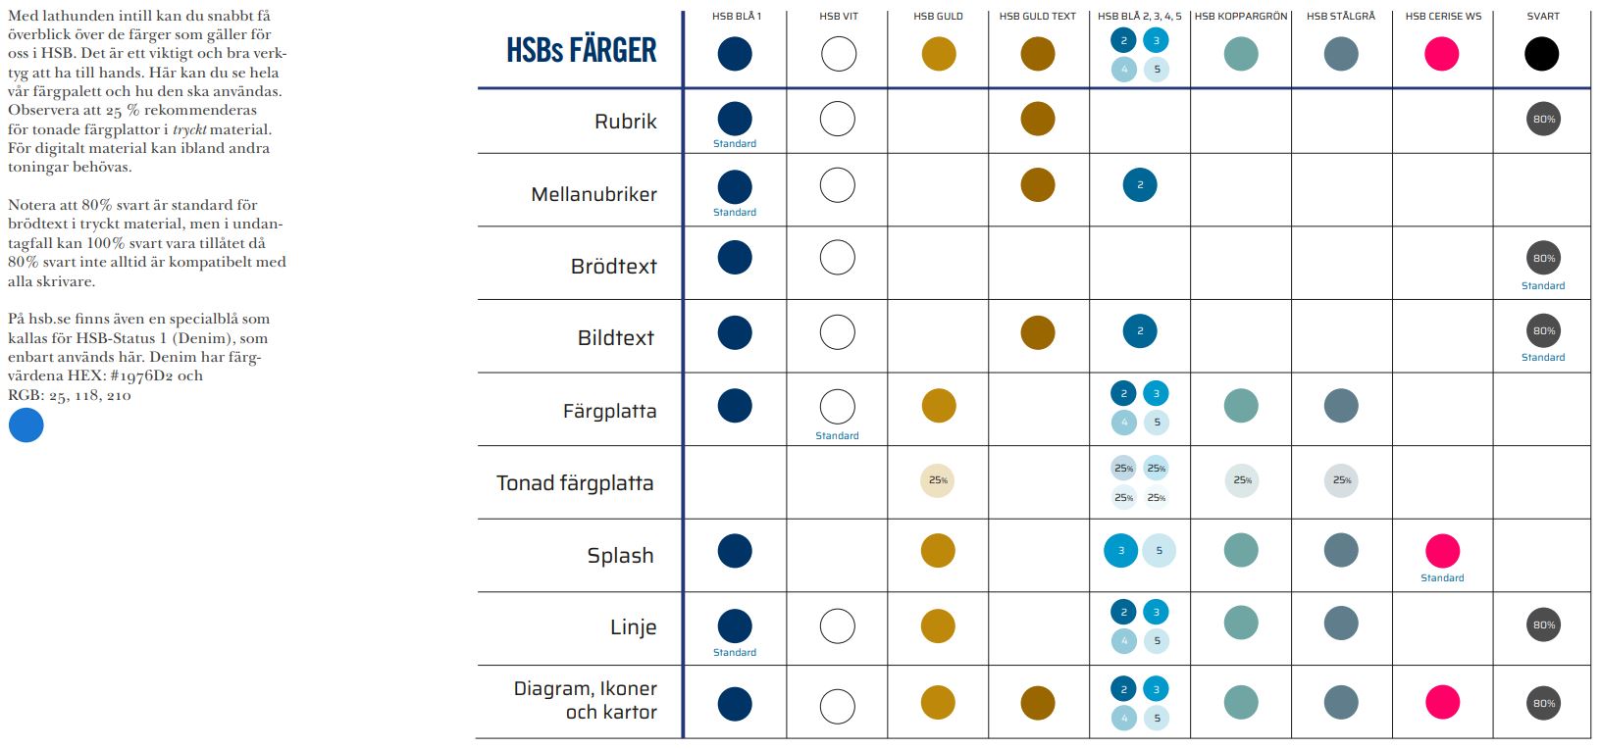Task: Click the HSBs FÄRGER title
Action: (x=581, y=50)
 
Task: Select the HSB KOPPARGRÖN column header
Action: (x=1240, y=16)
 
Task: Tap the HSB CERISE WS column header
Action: (x=1442, y=16)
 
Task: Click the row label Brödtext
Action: (x=613, y=266)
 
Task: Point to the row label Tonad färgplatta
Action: (x=575, y=482)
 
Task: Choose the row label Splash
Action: (x=620, y=555)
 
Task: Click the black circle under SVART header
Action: (x=1541, y=53)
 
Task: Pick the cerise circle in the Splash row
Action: (x=1442, y=551)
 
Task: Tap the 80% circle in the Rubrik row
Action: (x=1543, y=120)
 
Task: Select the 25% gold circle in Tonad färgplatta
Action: (x=938, y=480)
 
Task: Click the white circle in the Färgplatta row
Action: (x=837, y=406)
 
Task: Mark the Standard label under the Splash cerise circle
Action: (x=1442, y=578)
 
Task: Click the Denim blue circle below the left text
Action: (x=26, y=425)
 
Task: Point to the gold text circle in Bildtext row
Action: (x=1038, y=332)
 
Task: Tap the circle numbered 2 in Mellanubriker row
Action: (x=1140, y=185)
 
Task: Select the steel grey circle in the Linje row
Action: (x=1341, y=623)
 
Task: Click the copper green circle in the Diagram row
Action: (x=1241, y=702)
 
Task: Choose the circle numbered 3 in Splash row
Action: (x=1121, y=551)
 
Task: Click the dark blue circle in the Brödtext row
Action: (x=735, y=258)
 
